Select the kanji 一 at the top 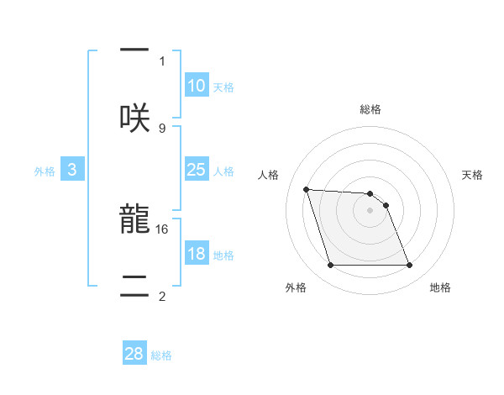tap(134, 50)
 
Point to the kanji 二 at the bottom tap(134, 284)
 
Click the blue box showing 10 tap(197, 86)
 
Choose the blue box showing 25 tap(197, 170)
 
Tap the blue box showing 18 tap(197, 255)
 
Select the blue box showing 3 tap(72, 170)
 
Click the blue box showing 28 tap(134, 354)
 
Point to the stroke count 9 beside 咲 tap(162, 128)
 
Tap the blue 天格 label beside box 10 tap(223, 87)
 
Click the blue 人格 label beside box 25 tap(223, 171)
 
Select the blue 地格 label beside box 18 tap(223, 255)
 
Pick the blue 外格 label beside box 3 tap(45, 171)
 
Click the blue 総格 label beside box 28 tap(161, 355)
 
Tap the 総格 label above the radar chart tap(370, 109)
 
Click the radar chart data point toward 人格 tap(307, 189)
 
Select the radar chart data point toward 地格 tap(409, 266)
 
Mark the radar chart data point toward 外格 tap(330, 266)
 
